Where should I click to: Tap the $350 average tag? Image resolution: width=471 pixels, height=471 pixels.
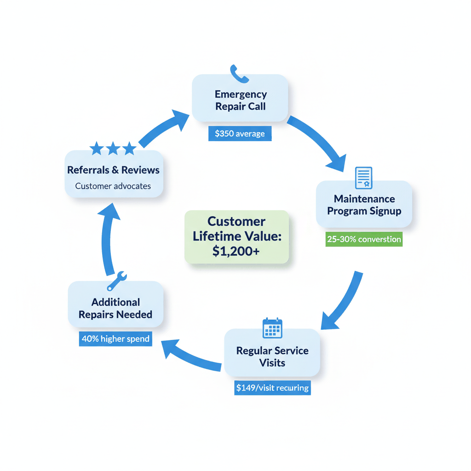[240, 134]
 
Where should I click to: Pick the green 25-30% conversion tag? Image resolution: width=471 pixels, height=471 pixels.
[364, 239]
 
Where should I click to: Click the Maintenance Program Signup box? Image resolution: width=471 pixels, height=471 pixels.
[364, 205]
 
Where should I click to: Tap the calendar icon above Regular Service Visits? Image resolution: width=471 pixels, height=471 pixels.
[272, 328]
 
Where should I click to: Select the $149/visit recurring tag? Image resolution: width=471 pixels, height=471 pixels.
[272, 388]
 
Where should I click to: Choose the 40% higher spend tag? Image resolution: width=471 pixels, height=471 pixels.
[115, 339]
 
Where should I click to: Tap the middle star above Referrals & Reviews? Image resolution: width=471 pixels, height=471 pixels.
[113, 148]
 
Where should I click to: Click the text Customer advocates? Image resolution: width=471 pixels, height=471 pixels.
[113, 186]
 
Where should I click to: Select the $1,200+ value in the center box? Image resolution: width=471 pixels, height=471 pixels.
[236, 251]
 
